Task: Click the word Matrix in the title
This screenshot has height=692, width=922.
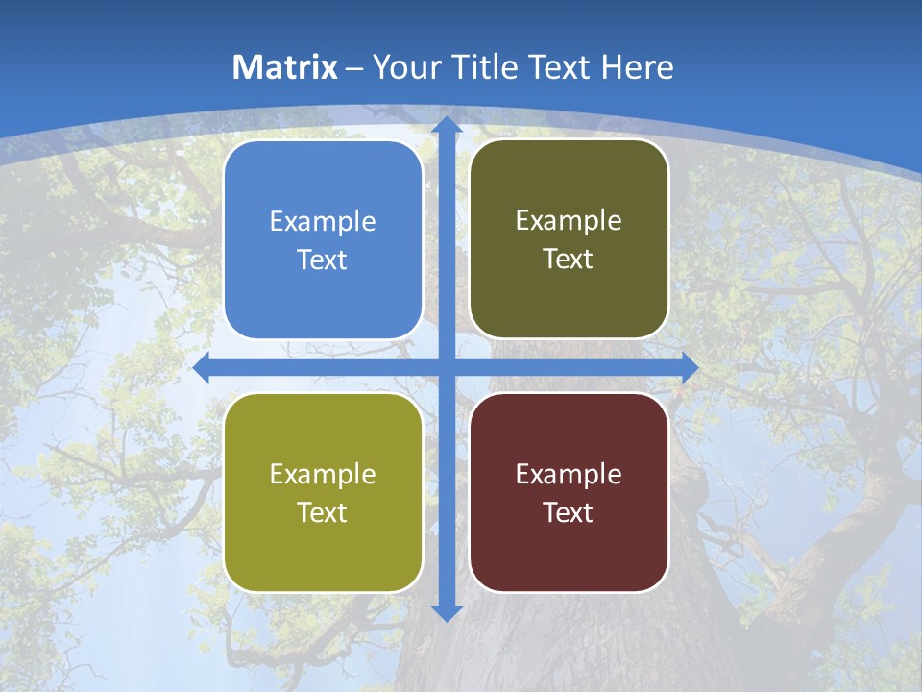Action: click(285, 67)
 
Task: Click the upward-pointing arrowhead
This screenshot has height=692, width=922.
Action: click(446, 125)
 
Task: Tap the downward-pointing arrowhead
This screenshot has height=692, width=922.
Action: click(446, 612)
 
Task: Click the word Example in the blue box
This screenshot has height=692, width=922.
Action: click(323, 222)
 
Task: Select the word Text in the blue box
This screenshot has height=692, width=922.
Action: click(323, 260)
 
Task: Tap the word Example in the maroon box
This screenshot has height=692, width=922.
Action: click(569, 474)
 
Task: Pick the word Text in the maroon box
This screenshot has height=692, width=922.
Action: click(569, 512)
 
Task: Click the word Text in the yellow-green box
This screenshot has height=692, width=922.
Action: click(323, 512)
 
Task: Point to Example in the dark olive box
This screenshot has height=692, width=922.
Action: click(569, 221)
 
